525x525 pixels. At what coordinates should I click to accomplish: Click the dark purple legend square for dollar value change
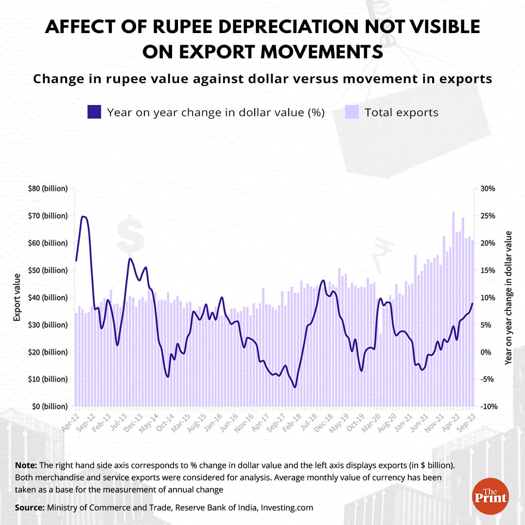coord(94,112)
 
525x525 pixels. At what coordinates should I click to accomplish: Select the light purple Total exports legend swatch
coord(351,112)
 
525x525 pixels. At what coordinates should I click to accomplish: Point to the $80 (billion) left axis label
coord(47,189)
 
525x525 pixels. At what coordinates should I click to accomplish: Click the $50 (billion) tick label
coord(47,270)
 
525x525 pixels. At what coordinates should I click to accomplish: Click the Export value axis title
coord(17,297)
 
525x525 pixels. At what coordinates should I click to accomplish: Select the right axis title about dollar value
coord(508,297)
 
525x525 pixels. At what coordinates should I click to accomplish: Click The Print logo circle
coord(490,497)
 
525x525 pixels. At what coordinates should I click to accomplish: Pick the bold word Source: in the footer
coord(30,507)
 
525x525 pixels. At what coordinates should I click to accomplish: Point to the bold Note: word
coord(25,465)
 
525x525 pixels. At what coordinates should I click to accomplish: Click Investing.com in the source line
coord(287,507)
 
